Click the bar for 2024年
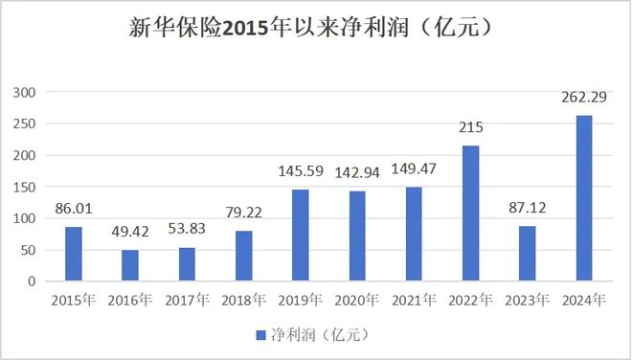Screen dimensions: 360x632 583,198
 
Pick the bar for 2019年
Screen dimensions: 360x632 301,236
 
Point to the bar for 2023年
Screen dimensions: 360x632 527,254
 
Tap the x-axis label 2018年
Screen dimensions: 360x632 243,301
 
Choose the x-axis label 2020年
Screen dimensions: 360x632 357,301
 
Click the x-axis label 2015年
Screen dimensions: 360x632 74,301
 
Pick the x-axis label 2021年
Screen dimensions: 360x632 414,301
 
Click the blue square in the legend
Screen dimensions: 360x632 259,335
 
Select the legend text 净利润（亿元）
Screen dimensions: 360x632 317,335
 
